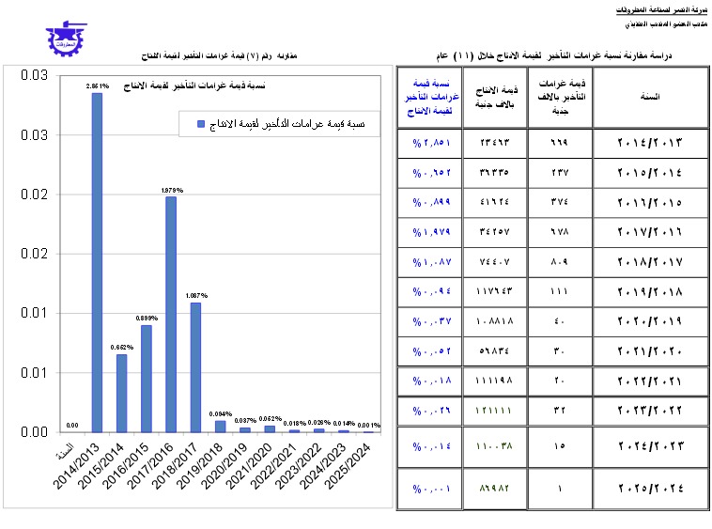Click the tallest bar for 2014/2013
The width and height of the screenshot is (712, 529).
coord(97,262)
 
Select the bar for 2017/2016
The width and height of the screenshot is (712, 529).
coord(170,314)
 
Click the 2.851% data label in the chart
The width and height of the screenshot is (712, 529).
coord(97,86)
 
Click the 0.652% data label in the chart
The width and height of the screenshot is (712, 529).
coord(121,348)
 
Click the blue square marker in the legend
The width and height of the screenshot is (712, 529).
coord(200,123)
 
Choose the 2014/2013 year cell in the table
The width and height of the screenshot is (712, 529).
coord(650,143)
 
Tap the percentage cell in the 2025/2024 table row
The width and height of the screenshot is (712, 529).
coord(431,488)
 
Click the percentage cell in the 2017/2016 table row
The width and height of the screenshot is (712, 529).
coord(431,232)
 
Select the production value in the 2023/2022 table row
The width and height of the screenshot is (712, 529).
coord(494,411)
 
